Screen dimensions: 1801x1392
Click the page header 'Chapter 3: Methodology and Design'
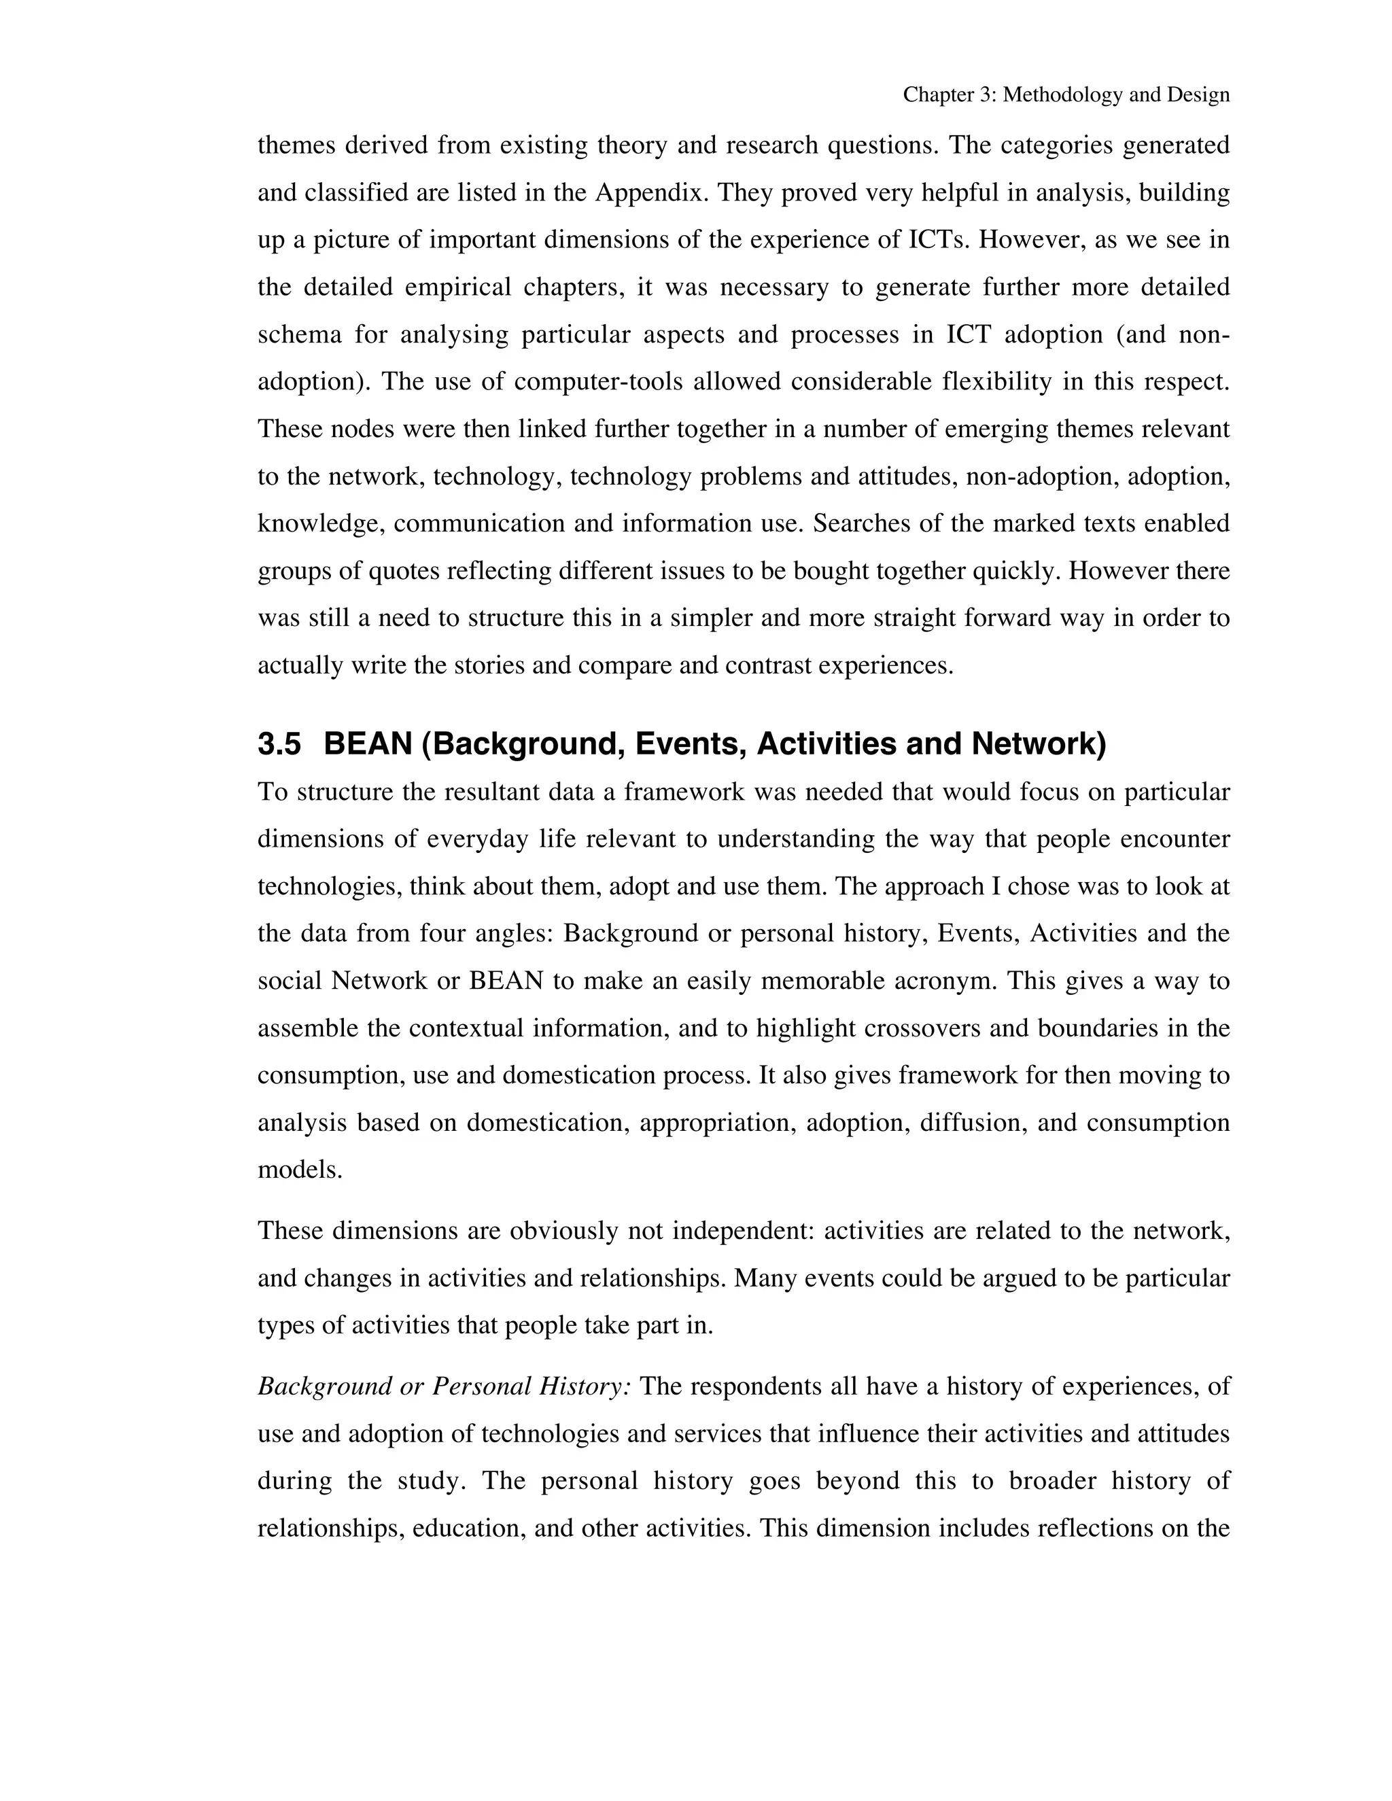pyautogui.click(x=1066, y=95)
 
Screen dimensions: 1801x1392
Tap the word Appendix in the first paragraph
pyautogui.click(x=651, y=193)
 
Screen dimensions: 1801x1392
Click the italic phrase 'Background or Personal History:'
pyautogui.click(x=445, y=1386)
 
